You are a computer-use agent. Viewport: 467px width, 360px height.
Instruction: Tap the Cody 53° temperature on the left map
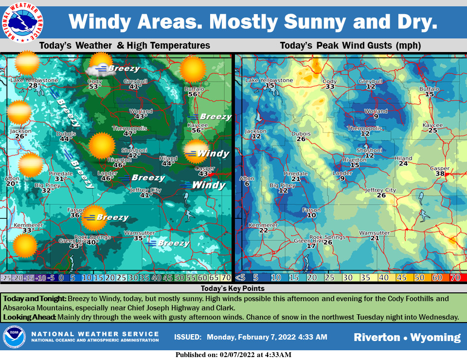95,87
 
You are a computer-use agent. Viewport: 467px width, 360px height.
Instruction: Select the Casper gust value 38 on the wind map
440,174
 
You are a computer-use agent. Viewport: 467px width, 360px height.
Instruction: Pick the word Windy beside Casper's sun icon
213,154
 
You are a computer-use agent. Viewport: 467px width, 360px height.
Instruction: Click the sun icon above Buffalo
194,69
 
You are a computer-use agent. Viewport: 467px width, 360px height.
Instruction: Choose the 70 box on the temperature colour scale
226,278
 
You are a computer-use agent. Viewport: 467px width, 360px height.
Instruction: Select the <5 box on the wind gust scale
240,278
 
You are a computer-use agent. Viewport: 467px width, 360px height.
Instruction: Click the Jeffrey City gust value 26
381,196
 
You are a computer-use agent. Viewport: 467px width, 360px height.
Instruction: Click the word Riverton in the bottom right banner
377,337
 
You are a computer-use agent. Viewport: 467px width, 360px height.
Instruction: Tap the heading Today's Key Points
233,288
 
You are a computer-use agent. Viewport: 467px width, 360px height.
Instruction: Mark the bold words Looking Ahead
30,317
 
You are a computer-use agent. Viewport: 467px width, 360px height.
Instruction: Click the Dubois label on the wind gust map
301,133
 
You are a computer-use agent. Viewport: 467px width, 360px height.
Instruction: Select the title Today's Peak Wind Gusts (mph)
350,46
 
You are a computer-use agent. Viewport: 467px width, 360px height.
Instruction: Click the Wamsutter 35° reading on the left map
140,238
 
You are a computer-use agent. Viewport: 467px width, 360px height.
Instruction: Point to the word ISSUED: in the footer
187,337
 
